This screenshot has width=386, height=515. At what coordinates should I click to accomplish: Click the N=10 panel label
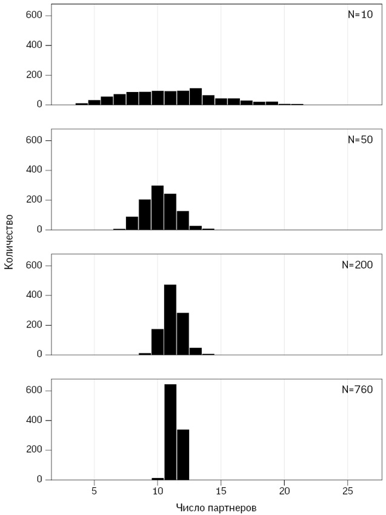click(x=360, y=15)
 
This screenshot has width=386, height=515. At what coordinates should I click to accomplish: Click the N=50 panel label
click(x=360, y=140)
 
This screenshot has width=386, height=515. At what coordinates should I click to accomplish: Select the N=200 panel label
click(x=358, y=265)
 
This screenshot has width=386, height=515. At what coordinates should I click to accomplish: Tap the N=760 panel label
click(x=358, y=390)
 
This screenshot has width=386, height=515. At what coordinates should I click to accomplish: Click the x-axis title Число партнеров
click(x=216, y=507)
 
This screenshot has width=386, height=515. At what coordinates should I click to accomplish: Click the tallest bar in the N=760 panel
click(x=170, y=432)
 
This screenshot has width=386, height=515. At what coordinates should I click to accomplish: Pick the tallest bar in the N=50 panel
click(x=158, y=208)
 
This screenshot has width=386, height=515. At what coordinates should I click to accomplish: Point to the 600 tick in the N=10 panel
click(x=34, y=15)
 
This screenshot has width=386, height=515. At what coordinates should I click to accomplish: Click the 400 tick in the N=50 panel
click(x=34, y=170)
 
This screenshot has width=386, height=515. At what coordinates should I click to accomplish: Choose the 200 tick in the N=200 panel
click(x=34, y=325)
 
